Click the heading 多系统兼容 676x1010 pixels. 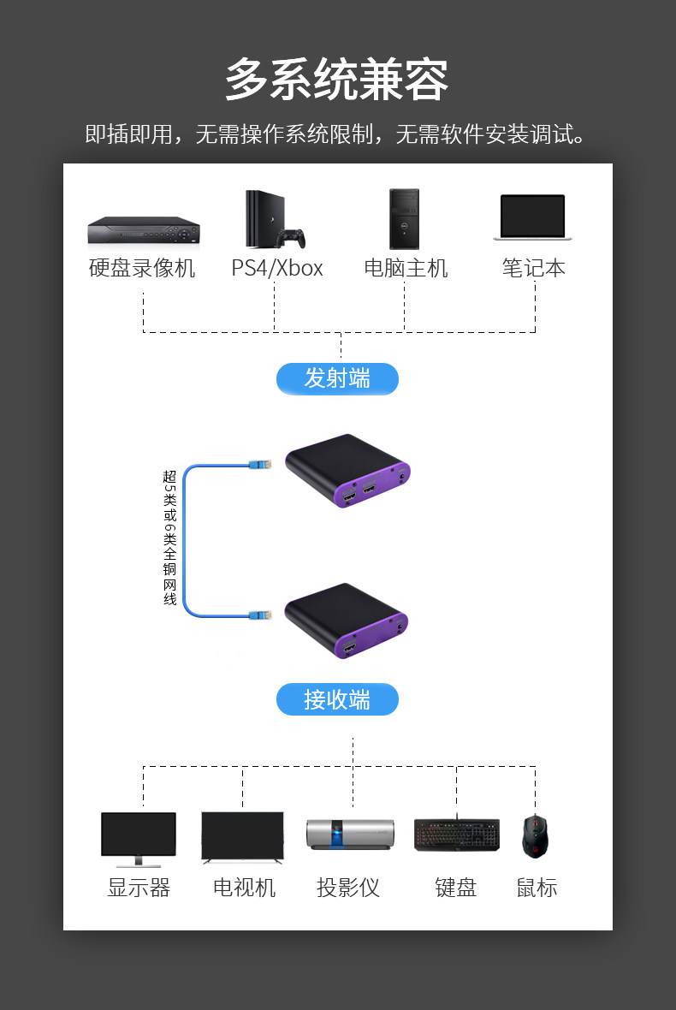(337, 81)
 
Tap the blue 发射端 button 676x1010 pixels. (337, 378)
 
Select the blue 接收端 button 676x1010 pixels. (337, 699)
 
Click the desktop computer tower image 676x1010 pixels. (404, 219)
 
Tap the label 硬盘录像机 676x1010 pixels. (142, 268)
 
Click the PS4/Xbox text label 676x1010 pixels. (277, 268)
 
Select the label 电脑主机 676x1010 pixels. (406, 268)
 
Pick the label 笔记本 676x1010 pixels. (533, 268)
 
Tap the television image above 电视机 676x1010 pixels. (242, 837)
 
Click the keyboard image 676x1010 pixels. (456, 835)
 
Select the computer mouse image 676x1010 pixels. (535, 836)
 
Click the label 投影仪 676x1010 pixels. (347, 888)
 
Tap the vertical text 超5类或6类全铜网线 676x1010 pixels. (169, 537)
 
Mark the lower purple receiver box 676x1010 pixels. (346, 622)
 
